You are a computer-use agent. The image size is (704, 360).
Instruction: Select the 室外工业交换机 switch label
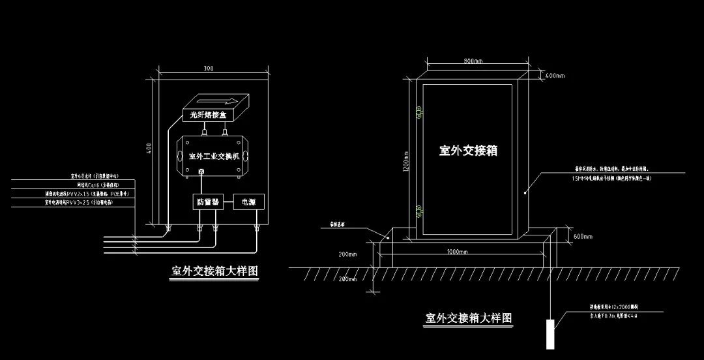click(x=214, y=156)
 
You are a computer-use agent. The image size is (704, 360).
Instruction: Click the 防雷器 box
click(x=207, y=203)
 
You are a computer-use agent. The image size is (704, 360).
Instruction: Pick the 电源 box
click(x=248, y=203)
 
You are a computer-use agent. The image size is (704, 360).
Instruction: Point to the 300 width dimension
click(x=209, y=68)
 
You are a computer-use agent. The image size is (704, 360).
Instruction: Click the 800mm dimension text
click(x=473, y=61)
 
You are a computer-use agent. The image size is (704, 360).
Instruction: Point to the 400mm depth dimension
click(x=554, y=76)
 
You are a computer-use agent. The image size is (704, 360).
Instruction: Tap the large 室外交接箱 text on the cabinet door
click(x=468, y=151)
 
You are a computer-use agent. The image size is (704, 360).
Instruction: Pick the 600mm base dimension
click(x=582, y=236)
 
